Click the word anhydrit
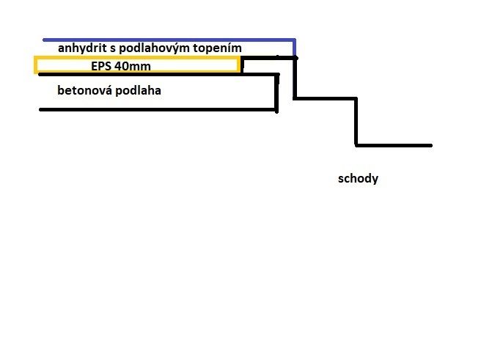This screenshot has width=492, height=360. pyautogui.click(x=82, y=48)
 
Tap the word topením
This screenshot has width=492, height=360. pyautogui.click(x=218, y=48)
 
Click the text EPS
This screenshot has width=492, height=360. pyautogui.click(x=101, y=66)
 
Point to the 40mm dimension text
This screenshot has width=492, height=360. pyautogui.click(x=133, y=66)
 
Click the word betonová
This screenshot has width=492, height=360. pyautogui.click(x=84, y=90)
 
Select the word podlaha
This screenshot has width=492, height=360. pyautogui.click(x=139, y=90)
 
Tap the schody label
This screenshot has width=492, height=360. pyautogui.click(x=358, y=179)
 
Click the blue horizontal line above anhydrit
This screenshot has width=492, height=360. pyautogui.click(x=169, y=40)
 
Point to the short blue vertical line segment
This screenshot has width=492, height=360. pyautogui.click(x=294, y=48)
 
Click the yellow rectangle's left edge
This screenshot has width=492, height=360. pyautogui.click(x=35, y=65)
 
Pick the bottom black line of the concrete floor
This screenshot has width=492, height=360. pyautogui.click(x=158, y=109)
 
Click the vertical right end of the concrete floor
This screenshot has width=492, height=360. pyautogui.click(x=276, y=93)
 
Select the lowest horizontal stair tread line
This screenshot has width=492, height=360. pyautogui.click(x=394, y=145)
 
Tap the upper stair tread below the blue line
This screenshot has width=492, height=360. pyautogui.click(x=326, y=98)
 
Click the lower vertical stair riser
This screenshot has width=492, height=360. pyautogui.click(x=356, y=122)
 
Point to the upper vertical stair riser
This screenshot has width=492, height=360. pyautogui.click(x=295, y=78)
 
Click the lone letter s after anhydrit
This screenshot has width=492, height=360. pyautogui.click(x=113, y=49)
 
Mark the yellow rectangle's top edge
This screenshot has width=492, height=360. pyautogui.click(x=137, y=58)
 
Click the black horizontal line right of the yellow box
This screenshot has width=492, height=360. pyautogui.click(x=269, y=58)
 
